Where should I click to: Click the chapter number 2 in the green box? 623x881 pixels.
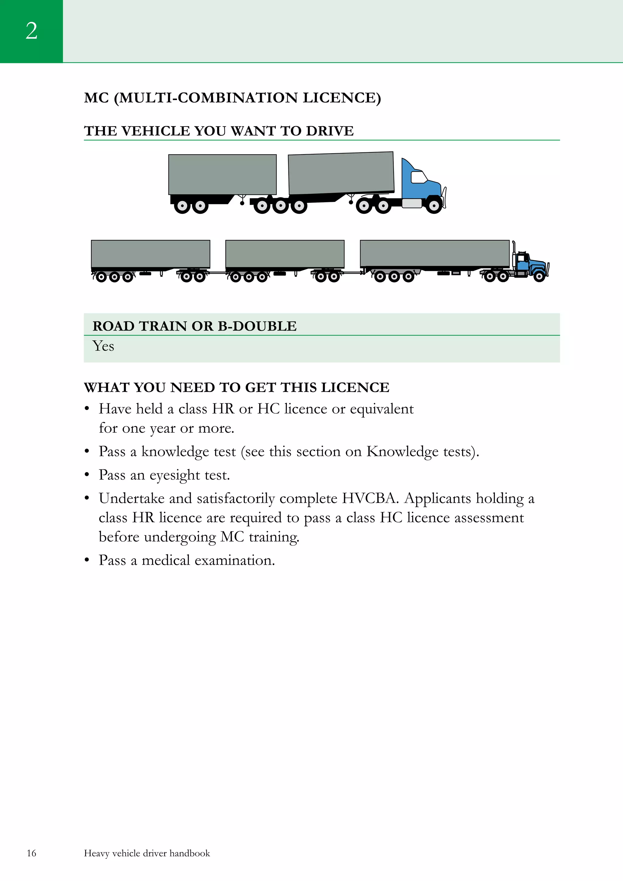[x=31, y=31]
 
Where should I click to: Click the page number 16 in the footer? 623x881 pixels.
[x=31, y=853]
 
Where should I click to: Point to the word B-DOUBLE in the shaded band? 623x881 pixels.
[x=257, y=326]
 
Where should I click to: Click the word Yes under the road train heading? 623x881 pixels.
[x=103, y=346]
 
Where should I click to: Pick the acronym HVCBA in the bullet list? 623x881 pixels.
[x=371, y=498]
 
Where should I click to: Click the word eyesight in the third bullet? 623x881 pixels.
[x=175, y=475]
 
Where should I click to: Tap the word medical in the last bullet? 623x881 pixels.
[x=166, y=560]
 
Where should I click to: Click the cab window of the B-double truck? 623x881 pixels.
[x=418, y=177]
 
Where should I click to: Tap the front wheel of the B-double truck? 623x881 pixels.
[x=434, y=206]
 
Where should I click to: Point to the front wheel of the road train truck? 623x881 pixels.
[x=539, y=276]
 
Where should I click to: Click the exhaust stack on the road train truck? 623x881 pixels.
[x=514, y=253]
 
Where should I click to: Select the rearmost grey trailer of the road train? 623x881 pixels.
[x=151, y=254]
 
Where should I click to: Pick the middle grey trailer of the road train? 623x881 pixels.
[x=285, y=254]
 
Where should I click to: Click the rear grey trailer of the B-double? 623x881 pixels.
[x=222, y=175]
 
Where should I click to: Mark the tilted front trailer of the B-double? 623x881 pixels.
[x=341, y=173]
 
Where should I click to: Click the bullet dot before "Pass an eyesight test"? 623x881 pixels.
[x=87, y=475]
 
